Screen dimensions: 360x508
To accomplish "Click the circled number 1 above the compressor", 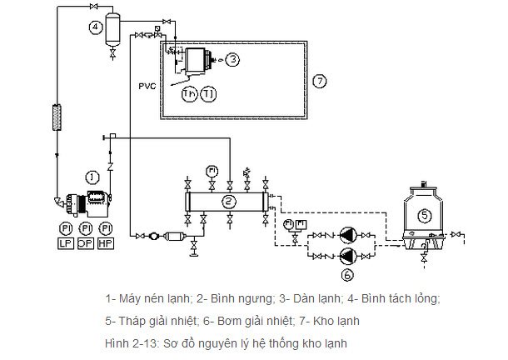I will pyautogui.click(x=92, y=177).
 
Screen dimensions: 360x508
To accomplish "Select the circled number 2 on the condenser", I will pyautogui.click(x=228, y=202).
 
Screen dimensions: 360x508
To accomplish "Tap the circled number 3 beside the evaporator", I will pyautogui.click(x=234, y=59).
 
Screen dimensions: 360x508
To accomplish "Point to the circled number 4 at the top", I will pyautogui.click(x=96, y=27).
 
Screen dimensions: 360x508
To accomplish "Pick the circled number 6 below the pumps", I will pyautogui.click(x=348, y=272).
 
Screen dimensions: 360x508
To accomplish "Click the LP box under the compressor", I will pyautogui.click(x=65, y=242).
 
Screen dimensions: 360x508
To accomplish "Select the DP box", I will pyautogui.click(x=85, y=242).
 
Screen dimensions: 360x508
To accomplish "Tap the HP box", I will pyautogui.click(x=105, y=242).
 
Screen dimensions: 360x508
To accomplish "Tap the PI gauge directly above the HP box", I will pyautogui.click(x=105, y=229).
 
